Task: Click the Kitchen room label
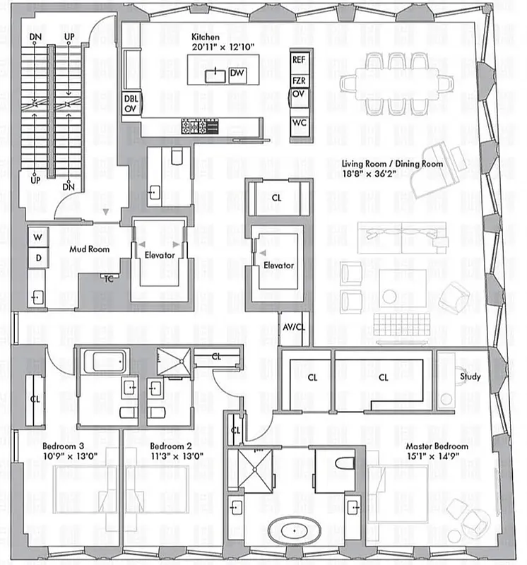pyautogui.click(x=204, y=37)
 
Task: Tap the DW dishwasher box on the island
pyautogui.click(x=237, y=73)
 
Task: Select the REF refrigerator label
pyautogui.click(x=299, y=60)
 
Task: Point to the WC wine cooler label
pyautogui.click(x=299, y=122)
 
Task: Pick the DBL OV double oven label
pyautogui.click(x=131, y=104)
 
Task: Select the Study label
pyautogui.click(x=470, y=376)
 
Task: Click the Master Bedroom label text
pyautogui.click(x=436, y=446)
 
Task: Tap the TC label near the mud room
pyautogui.click(x=109, y=278)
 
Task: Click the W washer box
pyautogui.click(x=38, y=237)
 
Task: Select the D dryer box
pyautogui.click(x=38, y=258)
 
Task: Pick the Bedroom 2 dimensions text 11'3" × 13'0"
pyautogui.click(x=177, y=456)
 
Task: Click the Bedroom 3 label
pyautogui.click(x=63, y=446)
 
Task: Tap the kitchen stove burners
pyautogui.click(x=201, y=126)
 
